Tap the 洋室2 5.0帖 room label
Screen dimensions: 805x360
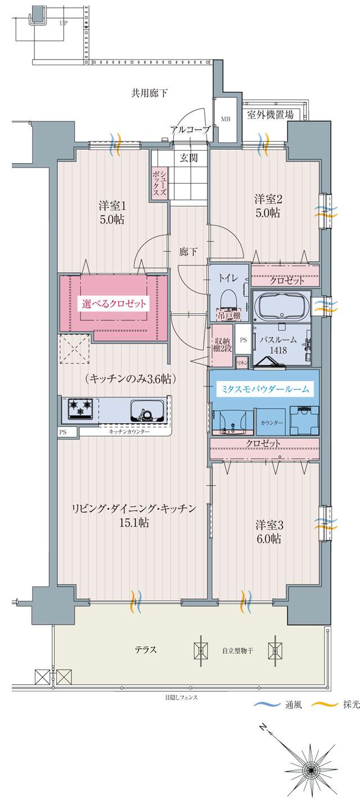pos(267,206)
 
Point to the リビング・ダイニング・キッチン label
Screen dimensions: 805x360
pos(133,509)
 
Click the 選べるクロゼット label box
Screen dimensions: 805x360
pos(114,304)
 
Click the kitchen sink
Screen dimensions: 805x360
pos(147,411)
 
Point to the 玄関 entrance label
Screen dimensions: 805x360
pos(189,158)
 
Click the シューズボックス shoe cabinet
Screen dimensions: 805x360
pos(160,183)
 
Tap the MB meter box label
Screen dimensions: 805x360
pos(225,119)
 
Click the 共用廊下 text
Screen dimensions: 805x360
pos(150,93)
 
